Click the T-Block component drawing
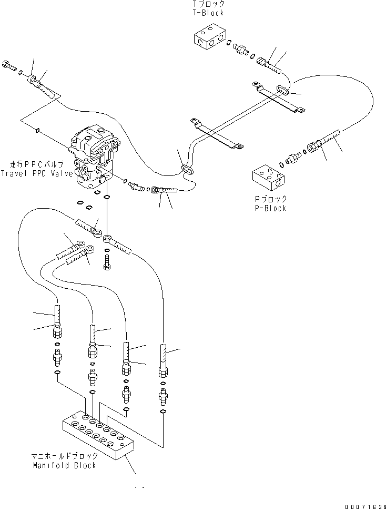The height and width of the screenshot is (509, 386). coord(210,36)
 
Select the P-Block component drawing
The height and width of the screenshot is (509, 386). coord(268,178)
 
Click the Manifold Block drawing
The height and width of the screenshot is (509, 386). coord(98,435)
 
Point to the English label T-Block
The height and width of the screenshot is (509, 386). coord(208,13)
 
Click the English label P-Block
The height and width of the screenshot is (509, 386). coord(270,208)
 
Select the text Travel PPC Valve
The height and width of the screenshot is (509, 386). coord(37,173)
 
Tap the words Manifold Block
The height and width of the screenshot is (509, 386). coord(65,465)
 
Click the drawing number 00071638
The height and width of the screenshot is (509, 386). coord(365,506)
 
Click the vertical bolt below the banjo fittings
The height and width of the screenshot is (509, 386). coord(107,262)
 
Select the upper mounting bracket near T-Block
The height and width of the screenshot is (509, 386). coord(279,97)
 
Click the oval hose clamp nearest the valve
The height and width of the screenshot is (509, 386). coord(187,169)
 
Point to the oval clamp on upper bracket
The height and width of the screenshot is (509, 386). coord(282,90)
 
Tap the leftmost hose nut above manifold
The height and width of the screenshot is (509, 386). coord(57,331)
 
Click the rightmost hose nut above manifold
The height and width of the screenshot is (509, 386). coord(164,371)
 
